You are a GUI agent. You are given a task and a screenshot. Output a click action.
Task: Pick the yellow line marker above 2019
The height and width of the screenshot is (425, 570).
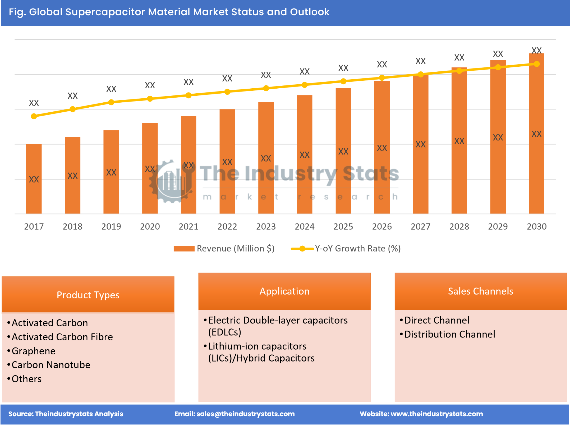tap(111, 102)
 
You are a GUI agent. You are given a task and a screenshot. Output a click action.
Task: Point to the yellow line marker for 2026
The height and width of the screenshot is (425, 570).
tap(382, 78)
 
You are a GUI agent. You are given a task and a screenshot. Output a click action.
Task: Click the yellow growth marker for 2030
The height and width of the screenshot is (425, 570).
tap(537, 64)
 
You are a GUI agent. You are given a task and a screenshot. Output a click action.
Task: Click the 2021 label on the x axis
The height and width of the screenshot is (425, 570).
tap(189, 226)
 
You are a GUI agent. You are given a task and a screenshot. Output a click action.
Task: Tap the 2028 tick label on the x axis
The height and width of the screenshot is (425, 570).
tap(459, 226)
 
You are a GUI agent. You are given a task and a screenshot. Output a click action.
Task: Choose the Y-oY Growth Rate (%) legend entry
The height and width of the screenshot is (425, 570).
tap(346, 249)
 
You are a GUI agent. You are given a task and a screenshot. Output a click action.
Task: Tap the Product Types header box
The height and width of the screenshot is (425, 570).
tap(88, 295)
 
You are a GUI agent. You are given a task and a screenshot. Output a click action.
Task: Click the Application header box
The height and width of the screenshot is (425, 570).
tap(284, 291)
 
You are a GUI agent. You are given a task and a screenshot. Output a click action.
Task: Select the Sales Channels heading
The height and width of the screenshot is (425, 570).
tap(480, 291)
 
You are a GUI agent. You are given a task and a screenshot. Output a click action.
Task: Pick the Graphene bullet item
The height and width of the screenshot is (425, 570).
tap(34, 351)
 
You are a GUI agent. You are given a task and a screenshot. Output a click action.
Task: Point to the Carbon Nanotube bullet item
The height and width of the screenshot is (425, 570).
tap(51, 365)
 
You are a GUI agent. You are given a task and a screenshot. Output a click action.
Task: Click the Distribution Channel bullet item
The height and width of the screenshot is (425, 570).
tap(449, 334)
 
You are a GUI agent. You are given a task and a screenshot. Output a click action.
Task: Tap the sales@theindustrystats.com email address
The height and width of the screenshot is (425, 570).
tap(245, 414)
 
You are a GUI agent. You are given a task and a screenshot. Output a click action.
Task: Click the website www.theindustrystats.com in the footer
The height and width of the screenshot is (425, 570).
tap(436, 414)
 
